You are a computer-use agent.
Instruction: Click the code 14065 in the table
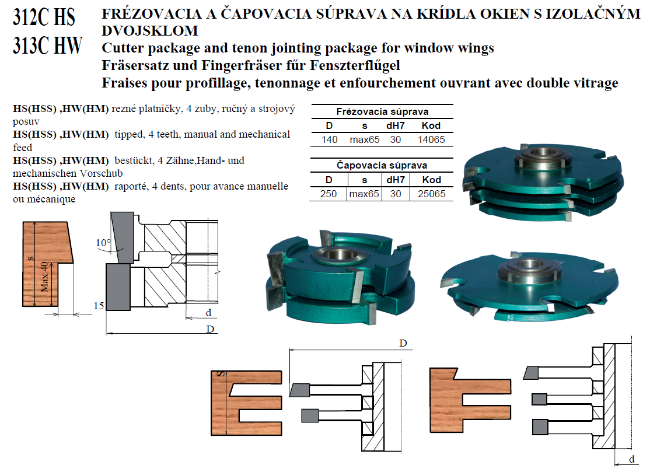tap(431, 139)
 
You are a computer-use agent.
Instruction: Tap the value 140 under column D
tap(329, 139)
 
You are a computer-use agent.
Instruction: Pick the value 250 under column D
tap(329, 194)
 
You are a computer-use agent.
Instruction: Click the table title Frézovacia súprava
tap(382, 111)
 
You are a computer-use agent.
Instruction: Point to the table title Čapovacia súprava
tap(382, 165)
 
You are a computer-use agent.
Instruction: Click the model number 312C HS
tap(44, 18)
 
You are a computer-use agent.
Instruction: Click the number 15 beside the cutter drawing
tap(98, 306)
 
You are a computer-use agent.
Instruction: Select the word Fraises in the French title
tap(122, 83)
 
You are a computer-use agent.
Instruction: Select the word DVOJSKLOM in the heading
tap(149, 30)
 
